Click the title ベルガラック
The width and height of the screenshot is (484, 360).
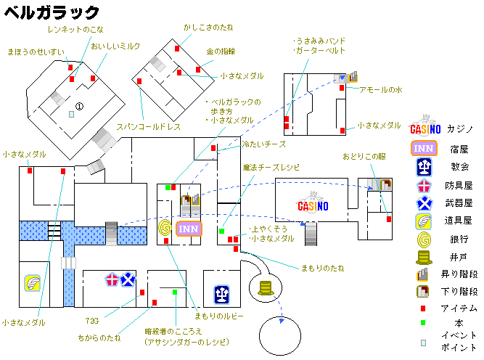pyautogui.click(x=52, y=13)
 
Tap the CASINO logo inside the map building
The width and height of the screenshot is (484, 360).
pyautogui.click(x=313, y=203)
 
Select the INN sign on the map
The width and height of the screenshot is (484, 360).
pyautogui.click(x=189, y=229)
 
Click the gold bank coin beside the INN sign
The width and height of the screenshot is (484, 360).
pyautogui.click(x=165, y=228)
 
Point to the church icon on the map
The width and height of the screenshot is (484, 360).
pyautogui.click(x=221, y=295)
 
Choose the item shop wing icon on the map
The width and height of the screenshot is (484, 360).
pyautogui.click(x=33, y=283)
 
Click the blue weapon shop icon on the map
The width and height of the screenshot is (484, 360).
pyautogui.click(x=128, y=279)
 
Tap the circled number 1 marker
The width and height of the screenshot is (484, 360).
pyautogui.click(x=79, y=107)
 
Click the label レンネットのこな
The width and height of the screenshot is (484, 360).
pyautogui.click(x=75, y=30)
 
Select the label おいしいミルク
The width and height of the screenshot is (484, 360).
pyautogui.click(x=115, y=46)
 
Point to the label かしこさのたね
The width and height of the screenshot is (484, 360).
pyautogui.click(x=208, y=28)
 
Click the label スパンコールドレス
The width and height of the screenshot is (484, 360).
pyautogui.click(x=149, y=127)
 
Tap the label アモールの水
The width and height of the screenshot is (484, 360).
pyautogui.click(x=381, y=89)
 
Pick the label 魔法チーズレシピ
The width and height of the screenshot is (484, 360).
pyautogui.click(x=271, y=168)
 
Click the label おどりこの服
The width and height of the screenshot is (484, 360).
pyautogui.click(x=364, y=157)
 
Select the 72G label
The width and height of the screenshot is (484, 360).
pyautogui.click(x=92, y=321)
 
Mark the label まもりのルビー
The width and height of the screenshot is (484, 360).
pyautogui.click(x=219, y=316)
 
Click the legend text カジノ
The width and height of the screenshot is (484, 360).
pyautogui.click(x=460, y=129)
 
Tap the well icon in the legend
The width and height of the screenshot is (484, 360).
pyautogui.click(x=424, y=258)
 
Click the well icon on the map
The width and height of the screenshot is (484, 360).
pyautogui.click(x=266, y=287)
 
